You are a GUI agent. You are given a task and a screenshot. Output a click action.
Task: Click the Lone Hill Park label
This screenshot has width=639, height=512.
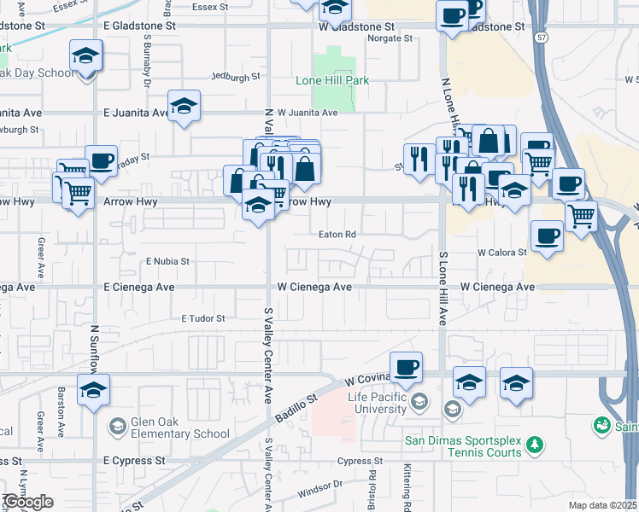[x=331, y=80]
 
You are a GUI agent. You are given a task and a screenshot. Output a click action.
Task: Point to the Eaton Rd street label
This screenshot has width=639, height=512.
[x=337, y=234]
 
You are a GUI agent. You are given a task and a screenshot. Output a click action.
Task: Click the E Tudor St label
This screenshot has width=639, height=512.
[x=202, y=318]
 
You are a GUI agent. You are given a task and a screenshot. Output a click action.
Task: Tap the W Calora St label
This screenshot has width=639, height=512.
[x=501, y=253]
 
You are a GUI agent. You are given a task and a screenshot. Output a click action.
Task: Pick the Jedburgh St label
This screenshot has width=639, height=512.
[x=235, y=77]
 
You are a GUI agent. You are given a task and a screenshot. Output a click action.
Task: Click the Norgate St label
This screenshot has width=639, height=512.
[x=389, y=38]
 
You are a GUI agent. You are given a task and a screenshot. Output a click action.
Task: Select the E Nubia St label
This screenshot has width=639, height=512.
[x=167, y=260]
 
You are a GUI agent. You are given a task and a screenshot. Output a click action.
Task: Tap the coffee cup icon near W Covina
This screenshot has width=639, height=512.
[x=407, y=368]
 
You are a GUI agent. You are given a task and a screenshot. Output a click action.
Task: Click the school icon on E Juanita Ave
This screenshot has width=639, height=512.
[x=184, y=107]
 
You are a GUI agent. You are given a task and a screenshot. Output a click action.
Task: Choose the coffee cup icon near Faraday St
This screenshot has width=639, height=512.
[x=101, y=160]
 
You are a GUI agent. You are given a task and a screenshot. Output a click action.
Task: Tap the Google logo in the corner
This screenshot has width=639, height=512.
[x=27, y=503]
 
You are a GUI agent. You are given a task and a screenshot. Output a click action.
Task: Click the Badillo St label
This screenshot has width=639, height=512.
[x=295, y=408]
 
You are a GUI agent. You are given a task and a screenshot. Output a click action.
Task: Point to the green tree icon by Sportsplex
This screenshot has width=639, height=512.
[x=535, y=445]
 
